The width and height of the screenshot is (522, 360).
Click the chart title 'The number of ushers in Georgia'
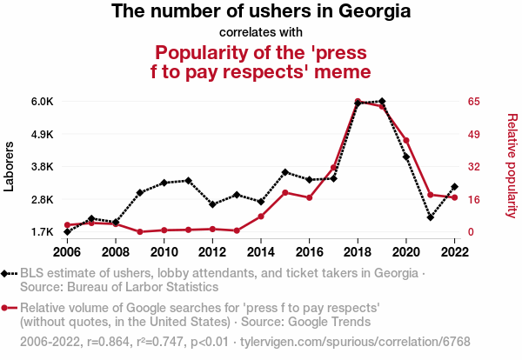(x=261, y=12)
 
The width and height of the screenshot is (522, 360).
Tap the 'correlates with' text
(x=261, y=33)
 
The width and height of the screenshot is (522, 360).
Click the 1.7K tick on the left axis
(x=42, y=232)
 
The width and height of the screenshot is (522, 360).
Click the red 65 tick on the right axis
(x=473, y=102)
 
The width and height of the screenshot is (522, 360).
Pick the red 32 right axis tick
(x=473, y=167)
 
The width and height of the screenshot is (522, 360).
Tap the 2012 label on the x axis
(x=212, y=252)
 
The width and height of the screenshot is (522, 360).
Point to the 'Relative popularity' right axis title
(x=512, y=165)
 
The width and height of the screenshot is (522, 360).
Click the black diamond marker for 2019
(x=382, y=102)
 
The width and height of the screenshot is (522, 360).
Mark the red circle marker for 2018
(x=358, y=102)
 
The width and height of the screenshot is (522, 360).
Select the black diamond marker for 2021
(x=431, y=217)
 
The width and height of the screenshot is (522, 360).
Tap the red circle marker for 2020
(x=406, y=141)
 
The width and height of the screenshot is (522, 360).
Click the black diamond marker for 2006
(x=67, y=232)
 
